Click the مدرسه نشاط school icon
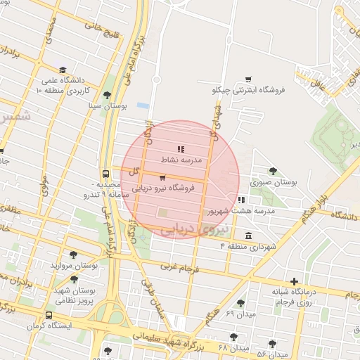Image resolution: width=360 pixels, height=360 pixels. (x=181, y=149)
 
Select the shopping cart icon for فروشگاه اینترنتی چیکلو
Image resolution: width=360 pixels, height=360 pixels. (x=247, y=79)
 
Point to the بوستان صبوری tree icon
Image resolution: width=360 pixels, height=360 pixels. (x=273, y=171)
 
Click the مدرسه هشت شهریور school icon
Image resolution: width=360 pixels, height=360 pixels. (x=241, y=200)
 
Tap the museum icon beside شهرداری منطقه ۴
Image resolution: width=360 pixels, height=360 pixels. (x=248, y=236)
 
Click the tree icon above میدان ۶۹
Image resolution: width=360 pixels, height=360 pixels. (x=241, y=303)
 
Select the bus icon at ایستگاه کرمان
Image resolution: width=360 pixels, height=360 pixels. (x=49, y=316)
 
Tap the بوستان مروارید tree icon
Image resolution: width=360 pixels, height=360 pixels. (x=73, y=255)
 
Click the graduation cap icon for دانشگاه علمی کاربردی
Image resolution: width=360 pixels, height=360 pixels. (x=63, y=70)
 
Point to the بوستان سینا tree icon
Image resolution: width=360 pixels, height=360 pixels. (x=107, y=94)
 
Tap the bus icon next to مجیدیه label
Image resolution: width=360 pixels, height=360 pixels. (x=105, y=174)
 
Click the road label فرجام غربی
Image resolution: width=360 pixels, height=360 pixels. (x=177, y=268)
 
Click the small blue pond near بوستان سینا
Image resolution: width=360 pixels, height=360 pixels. (x=143, y=105)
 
